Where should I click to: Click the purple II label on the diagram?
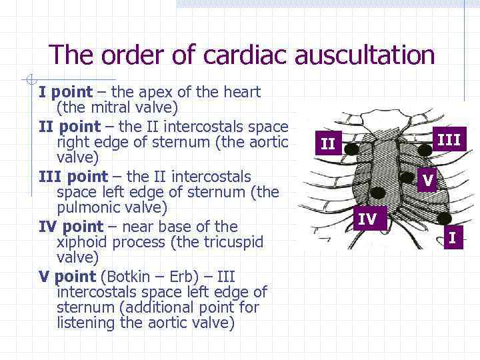point(327,143)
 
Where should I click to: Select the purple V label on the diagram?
point(428,180)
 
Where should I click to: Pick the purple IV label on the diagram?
point(367,218)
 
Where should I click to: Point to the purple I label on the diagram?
point(453,237)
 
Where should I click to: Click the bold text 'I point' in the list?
point(65,92)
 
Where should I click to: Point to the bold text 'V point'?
point(67,276)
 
